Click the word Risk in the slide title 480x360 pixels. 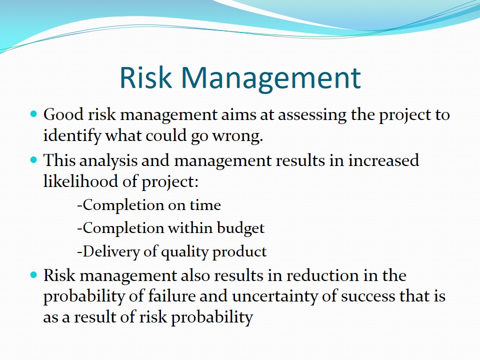[x=145, y=77]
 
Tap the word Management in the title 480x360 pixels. [x=271, y=79]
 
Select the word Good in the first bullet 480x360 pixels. [x=63, y=114]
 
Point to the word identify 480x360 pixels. [x=72, y=136]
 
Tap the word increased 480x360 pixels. [x=383, y=160]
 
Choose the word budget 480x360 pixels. [x=240, y=228]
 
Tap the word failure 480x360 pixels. [x=171, y=296]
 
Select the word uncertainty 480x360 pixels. [x=274, y=297]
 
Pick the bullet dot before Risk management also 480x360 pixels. [x=34, y=275]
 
